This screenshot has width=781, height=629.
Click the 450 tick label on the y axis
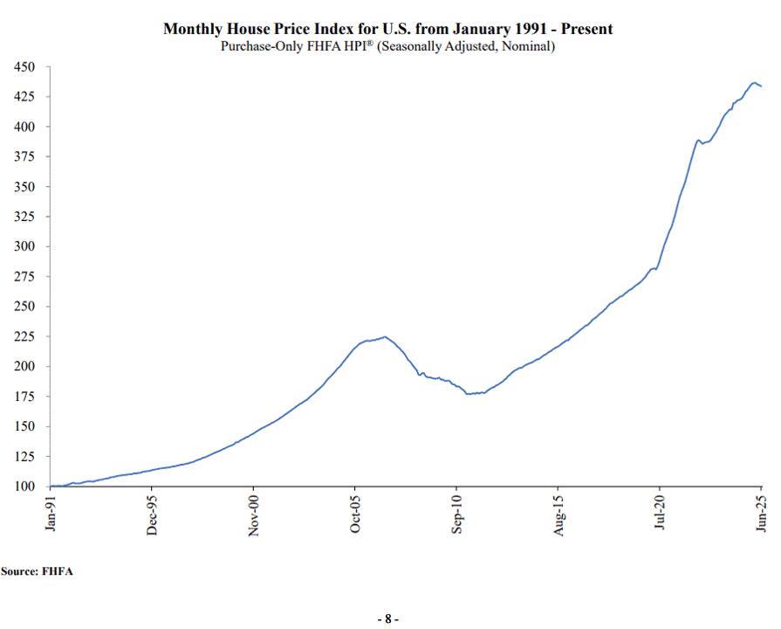(x=24, y=67)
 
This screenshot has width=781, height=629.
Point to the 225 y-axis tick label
(x=24, y=336)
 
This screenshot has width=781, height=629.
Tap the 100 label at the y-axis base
(x=24, y=486)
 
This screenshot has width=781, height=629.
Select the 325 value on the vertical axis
(x=24, y=217)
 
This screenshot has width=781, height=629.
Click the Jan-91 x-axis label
(x=51, y=513)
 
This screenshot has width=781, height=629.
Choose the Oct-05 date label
(x=355, y=514)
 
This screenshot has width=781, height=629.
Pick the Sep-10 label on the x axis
(x=456, y=514)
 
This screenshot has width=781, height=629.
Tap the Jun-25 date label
(x=761, y=513)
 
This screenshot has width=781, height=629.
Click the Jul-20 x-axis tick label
(x=660, y=512)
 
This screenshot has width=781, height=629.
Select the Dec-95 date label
(x=152, y=515)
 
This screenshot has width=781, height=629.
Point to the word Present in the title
(x=586, y=29)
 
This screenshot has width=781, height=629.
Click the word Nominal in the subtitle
(x=526, y=46)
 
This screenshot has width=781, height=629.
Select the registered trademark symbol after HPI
(x=370, y=43)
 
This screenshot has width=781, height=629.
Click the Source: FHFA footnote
(x=37, y=571)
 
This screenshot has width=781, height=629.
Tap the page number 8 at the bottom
(x=388, y=619)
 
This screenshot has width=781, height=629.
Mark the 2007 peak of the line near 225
(x=385, y=336)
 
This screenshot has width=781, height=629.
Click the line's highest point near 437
(x=755, y=83)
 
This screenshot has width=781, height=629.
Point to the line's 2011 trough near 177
(x=468, y=394)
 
